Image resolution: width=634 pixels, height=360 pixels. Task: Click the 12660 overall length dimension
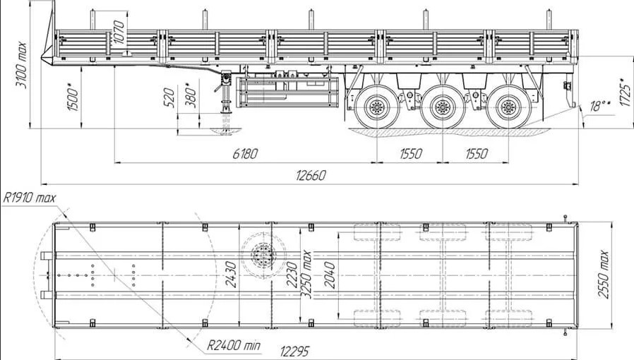tap(311, 175)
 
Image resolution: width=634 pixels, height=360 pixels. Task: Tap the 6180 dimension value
tap(244, 154)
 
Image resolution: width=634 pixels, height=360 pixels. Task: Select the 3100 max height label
tap(20, 65)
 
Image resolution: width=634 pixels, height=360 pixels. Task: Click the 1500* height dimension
tap(73, 98)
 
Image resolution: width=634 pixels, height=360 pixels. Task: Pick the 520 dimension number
tap(170, 98)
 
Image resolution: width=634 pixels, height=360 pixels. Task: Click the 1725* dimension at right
tap(625, 92)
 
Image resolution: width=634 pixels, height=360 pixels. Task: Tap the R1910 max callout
tap(30, 198)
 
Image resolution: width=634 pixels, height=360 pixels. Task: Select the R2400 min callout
tap(234, 345)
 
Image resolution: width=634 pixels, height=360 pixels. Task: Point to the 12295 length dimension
tap(294, 352)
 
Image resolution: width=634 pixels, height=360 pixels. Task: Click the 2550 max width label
tap(603, 275)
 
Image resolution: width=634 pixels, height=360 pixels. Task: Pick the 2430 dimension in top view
tap(230, 275)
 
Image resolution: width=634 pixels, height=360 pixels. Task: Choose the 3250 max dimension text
tap(306, 275)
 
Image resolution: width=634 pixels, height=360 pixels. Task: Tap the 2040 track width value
tap(330, 275)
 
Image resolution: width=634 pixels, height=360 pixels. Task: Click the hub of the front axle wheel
tap(377, 107)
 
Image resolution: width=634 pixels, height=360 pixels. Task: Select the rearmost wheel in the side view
tap(508, 107)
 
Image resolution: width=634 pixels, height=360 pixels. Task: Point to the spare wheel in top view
tap(263, 256)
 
